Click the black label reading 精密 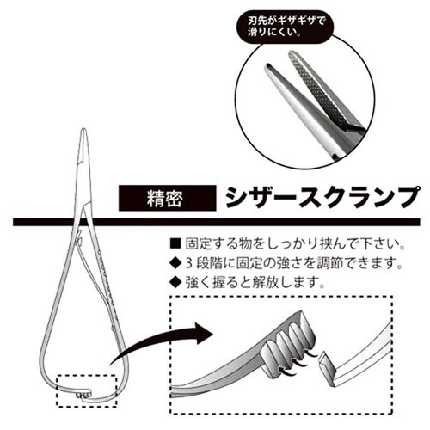tap(167, 199)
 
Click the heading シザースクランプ tap(322, 198)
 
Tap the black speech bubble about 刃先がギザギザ tap(285, 27)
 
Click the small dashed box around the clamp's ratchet tap(86, 390)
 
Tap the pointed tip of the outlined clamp tap(83, 129)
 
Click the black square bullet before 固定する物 tap(175, 243)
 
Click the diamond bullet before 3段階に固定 tap(175, 263)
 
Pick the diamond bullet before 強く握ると tap(175, 283)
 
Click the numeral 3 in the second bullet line tap(188, 263)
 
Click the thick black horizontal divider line tap(217, 222)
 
